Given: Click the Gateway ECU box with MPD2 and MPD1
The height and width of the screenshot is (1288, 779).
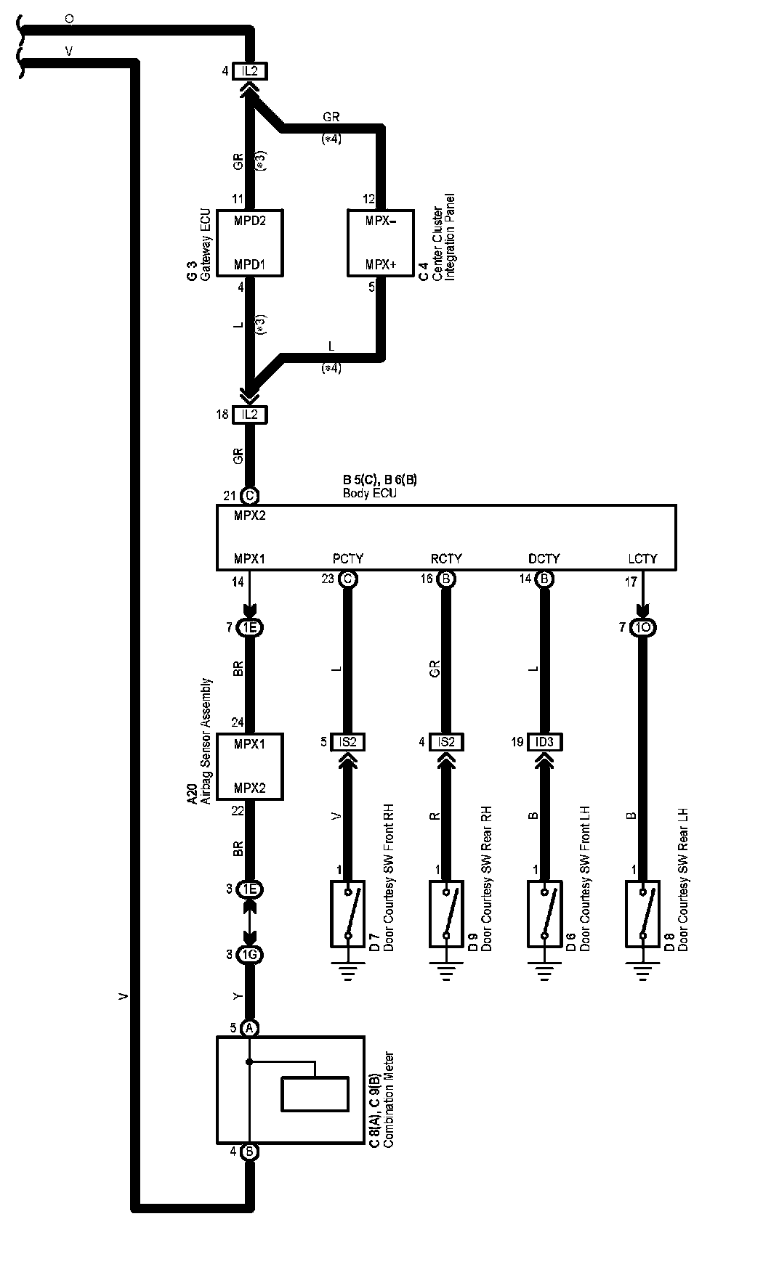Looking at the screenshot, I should point(249,243).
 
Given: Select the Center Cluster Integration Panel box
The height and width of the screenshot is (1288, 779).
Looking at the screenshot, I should point(381,243).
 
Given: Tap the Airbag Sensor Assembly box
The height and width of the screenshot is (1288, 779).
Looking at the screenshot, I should point(249,767).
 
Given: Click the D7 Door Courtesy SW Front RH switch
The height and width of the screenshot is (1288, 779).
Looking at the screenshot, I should point(347,914).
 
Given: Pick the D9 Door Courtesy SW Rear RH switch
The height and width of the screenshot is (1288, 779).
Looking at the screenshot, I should point(445,914).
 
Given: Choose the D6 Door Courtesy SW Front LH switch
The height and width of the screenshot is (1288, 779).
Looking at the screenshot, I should point(544,914).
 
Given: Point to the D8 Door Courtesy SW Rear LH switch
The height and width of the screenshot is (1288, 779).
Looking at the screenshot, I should point(642,914).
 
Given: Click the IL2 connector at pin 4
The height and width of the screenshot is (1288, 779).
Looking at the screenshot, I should point(249,71).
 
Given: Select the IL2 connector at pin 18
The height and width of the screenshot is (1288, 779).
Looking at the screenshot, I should point(249,415).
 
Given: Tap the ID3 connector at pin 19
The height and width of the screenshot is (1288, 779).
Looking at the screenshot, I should point(544,742).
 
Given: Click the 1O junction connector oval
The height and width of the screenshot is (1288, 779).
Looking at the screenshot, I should point(642,627).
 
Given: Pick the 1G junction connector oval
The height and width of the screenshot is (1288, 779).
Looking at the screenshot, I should point(249,955).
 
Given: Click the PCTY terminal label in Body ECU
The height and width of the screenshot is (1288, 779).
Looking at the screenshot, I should point(347,558).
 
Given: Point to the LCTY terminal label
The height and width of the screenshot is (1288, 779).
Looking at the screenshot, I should point(642,558).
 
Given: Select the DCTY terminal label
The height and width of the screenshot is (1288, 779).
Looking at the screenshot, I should point(544,558).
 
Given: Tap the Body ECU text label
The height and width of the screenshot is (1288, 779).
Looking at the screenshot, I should point(370,493).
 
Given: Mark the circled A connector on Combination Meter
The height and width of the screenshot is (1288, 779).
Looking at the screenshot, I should point(249,1028).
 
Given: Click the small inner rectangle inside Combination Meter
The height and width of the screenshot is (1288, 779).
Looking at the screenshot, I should point(315,1094).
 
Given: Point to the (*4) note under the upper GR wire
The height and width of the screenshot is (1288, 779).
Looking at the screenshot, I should point(331,138).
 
